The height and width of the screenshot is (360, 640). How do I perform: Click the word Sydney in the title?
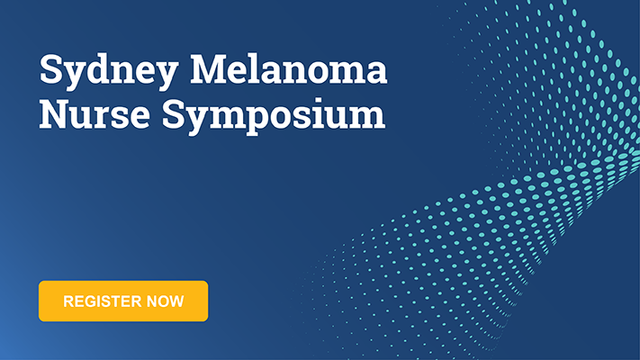pyautogui.click(x=109, y=72)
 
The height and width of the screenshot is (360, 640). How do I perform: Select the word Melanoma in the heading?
pyautogui.click(x=289, y=68)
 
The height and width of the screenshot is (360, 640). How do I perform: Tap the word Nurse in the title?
pyautogui.click(x=95, y=113)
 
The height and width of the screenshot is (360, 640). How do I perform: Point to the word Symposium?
pyautogui.click(x=274, y=116)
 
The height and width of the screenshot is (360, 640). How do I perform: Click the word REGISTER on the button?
pyautogui.click(x=101, y=301)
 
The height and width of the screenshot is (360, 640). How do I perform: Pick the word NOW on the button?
pyautogui.click(x=166, y=301)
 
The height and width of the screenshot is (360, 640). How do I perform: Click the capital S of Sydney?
pyautogui.click(x=50, y=68)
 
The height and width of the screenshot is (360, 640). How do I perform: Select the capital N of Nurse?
pyautogui.click(x=56, y=114)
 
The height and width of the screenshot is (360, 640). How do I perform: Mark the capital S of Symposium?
pyautogui.click(x=173, y=114)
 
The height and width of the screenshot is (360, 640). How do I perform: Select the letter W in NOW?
pyautogui.click(x=176, y=301)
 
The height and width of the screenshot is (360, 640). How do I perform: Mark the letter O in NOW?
pyautogui.click(x=162, y=301)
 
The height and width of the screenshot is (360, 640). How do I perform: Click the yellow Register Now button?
pyautogui.click(x=123, y=301)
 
